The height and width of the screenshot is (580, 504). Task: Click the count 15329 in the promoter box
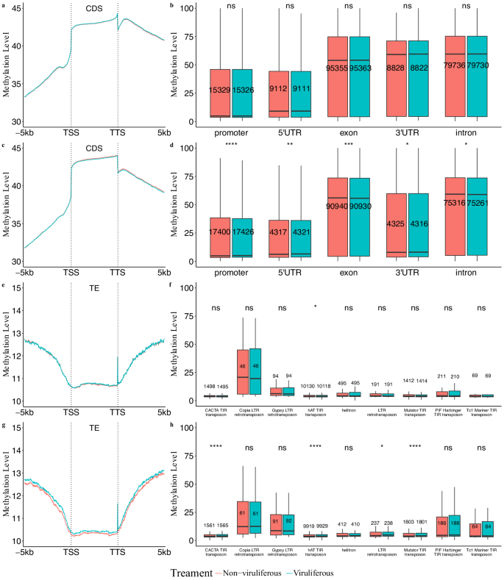[219, 90]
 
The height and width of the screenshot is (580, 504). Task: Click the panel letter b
[171, 5]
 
